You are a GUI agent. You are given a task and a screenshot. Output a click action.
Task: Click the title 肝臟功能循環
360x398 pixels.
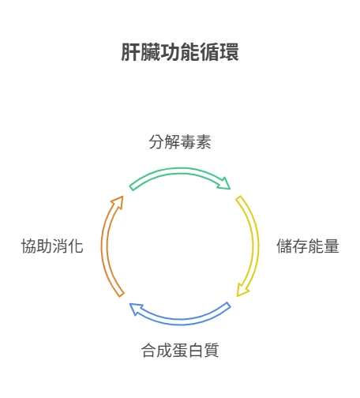coord(180,52)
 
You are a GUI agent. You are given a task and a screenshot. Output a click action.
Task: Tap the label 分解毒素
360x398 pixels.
coord(180,142)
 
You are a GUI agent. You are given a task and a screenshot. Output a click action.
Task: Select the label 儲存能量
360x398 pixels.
coord(308,246)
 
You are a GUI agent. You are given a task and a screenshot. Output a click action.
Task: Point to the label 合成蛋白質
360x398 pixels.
coord(180,351)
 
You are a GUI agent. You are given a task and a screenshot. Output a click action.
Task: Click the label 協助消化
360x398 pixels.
coord(52,246)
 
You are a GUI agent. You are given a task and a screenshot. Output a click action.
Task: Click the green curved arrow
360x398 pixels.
coord(180,171)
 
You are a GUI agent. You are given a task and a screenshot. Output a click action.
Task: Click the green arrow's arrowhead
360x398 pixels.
coord(224,184)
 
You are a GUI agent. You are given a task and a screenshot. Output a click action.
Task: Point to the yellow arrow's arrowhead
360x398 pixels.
coord(242,290)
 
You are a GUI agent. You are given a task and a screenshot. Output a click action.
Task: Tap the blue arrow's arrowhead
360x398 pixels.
coord(136,309)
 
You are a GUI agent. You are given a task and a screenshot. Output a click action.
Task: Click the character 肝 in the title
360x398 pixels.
coord(130,52)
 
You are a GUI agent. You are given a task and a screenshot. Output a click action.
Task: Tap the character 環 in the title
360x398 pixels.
coord(229,52)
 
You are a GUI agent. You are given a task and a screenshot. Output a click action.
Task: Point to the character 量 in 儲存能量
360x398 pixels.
coord(332,246)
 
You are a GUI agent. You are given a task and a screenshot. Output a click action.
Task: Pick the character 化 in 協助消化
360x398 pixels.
coord(76,246)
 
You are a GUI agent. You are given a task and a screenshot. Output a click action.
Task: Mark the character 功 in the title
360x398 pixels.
coord(170,52)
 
